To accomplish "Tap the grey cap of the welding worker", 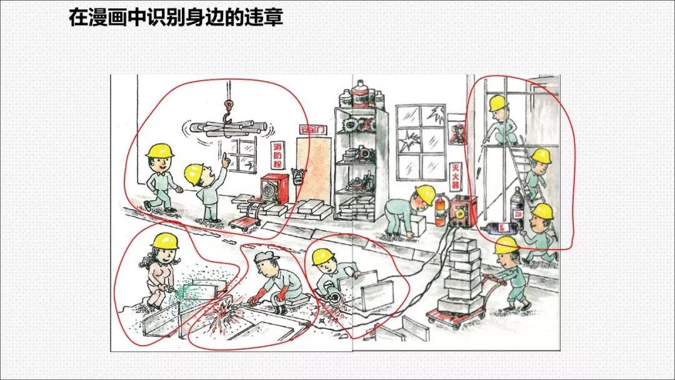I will pyautogui.click(x=265, y=257).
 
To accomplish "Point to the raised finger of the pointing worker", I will pyautogui.click(x=224, y=154).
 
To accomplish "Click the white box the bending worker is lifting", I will pyautogui.click(x=416, y=224).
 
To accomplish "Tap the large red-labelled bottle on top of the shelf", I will pyautogui.click(x=361, y=95).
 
